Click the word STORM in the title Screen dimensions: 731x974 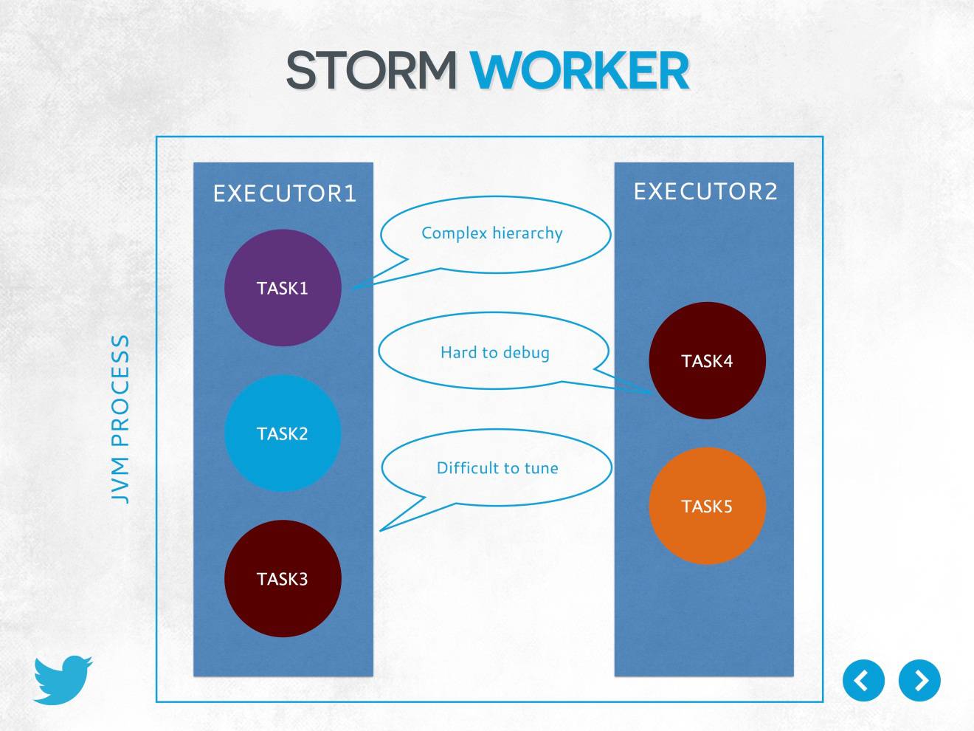coord(371,71)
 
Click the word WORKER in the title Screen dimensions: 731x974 coord(579,71)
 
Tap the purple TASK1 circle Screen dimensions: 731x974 coord(283,288)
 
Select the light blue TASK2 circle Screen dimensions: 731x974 coord(283,433)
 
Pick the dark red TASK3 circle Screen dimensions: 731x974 coord(283,579)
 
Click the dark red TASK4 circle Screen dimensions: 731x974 coord(707,361)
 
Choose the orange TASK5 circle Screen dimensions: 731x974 coord(707,507)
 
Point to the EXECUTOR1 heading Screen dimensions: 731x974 coord(285,193)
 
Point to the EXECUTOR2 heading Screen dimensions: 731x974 coord(705,192)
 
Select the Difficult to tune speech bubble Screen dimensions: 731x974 coord(497,467)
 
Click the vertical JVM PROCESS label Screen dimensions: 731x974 coord(120,419)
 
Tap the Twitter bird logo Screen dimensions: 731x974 coord(63,679)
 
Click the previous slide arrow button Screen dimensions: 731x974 coord(863,680)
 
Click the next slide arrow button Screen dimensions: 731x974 coord(919,680)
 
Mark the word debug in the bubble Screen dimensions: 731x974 coord(526,353)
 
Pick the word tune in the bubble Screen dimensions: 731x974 coord(541,468)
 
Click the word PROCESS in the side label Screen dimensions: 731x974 coord(120,391)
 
